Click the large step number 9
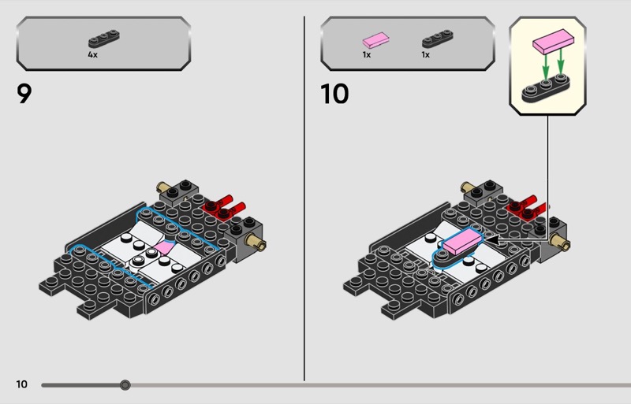point(24,94)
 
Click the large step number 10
point(334,94)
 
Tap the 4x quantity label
point(92,54)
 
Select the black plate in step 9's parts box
point(104,39)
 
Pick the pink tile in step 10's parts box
point(376,40)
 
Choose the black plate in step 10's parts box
point(438,39)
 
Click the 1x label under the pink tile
point(366,54)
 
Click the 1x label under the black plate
point(425,54)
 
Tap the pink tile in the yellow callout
point(554,41)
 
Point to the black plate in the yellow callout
point(545,88)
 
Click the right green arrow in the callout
point(561,61)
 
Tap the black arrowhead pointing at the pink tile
point(492,240)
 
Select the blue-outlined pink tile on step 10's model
point(462,240)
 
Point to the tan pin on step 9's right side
point(256,242)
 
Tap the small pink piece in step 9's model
point(165,247)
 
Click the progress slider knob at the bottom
point(125,385)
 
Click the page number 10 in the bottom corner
point(22,384)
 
